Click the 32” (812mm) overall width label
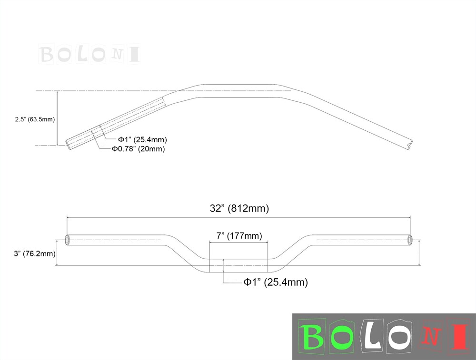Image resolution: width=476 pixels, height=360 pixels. coord(239,208)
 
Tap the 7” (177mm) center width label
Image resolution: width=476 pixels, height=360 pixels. coord(239,236)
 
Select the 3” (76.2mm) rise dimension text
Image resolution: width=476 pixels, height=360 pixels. coord(35,253)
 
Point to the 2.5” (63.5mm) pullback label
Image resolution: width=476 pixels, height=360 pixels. coord(35,119)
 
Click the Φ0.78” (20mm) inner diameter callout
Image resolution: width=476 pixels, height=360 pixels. coord(138,149)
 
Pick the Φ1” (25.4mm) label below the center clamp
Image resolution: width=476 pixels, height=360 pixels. coord(276,282)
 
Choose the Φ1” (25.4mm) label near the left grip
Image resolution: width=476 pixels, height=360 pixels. coord(142,139)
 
